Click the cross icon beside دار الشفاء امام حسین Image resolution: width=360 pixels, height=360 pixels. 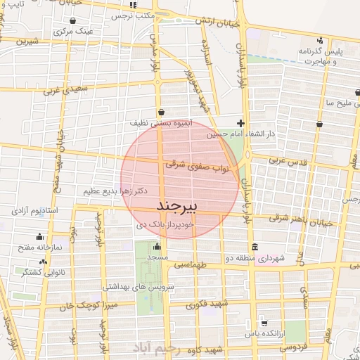[240, 123]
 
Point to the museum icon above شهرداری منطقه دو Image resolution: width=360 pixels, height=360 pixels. [254, 247]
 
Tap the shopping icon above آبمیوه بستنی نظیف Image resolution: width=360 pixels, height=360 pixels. [162, 111]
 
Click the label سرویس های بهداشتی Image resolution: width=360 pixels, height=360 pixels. [139, 287]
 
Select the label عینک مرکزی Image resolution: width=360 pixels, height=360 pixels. [74, 32]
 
